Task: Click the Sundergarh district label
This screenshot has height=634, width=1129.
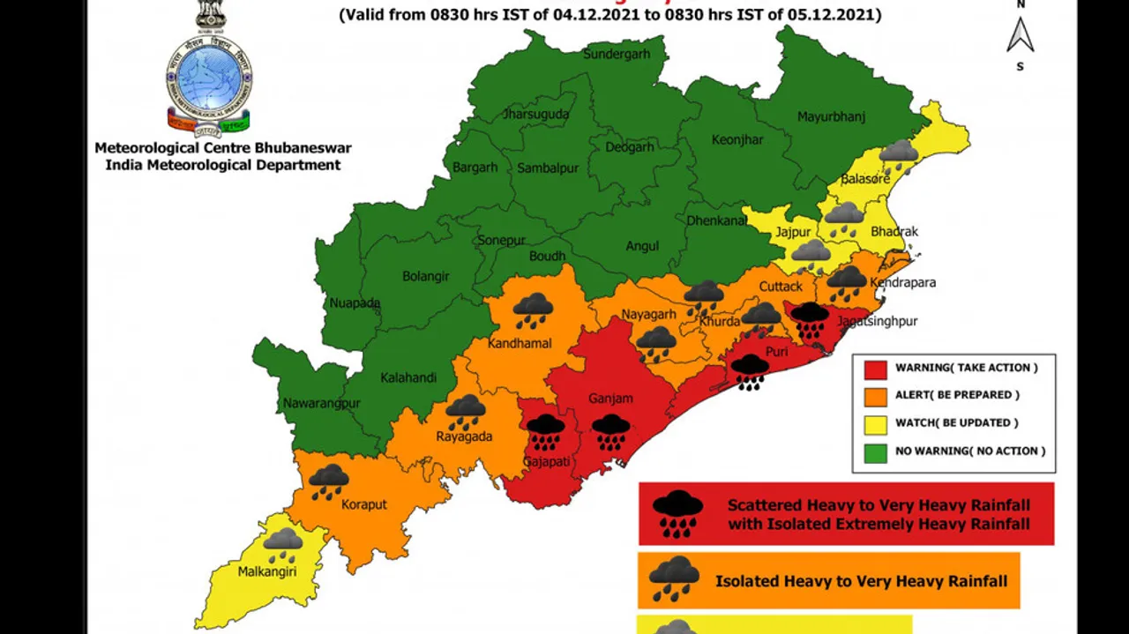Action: click(x=617, y=54)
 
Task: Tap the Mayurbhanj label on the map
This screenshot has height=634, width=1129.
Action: click(x=831, y=116)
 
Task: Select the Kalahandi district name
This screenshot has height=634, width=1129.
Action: click(x=408, y=378)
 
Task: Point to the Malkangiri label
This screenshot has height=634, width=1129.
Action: click(x=266, y=571)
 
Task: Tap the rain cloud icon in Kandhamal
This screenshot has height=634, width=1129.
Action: click(x=533, y=310)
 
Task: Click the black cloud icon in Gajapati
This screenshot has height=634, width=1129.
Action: click(x=546, y=431)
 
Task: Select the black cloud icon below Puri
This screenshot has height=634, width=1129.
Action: click(x=750, y=370)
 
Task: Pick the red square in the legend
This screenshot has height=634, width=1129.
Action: click(x=875, y=369)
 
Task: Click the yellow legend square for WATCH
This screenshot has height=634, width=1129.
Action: click(x=875, y=424)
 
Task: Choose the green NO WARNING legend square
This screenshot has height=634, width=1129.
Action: click(x=875, y=452)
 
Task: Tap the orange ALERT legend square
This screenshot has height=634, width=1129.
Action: click(x=875, y=396)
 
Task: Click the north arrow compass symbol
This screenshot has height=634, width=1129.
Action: click(x=1021, y=35)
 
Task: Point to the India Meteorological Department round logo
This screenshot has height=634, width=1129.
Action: click(x=209, y=78)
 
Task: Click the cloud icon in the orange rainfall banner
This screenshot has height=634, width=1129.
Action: click(x=675, y=578)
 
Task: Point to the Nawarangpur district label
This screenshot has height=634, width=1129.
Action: click(x=321, y=404)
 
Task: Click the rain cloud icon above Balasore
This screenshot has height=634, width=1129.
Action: click(x=898, y=155)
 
